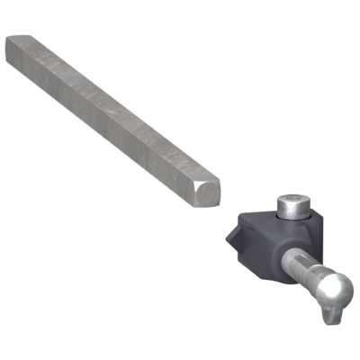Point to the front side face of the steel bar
click(x=99, y=117)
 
